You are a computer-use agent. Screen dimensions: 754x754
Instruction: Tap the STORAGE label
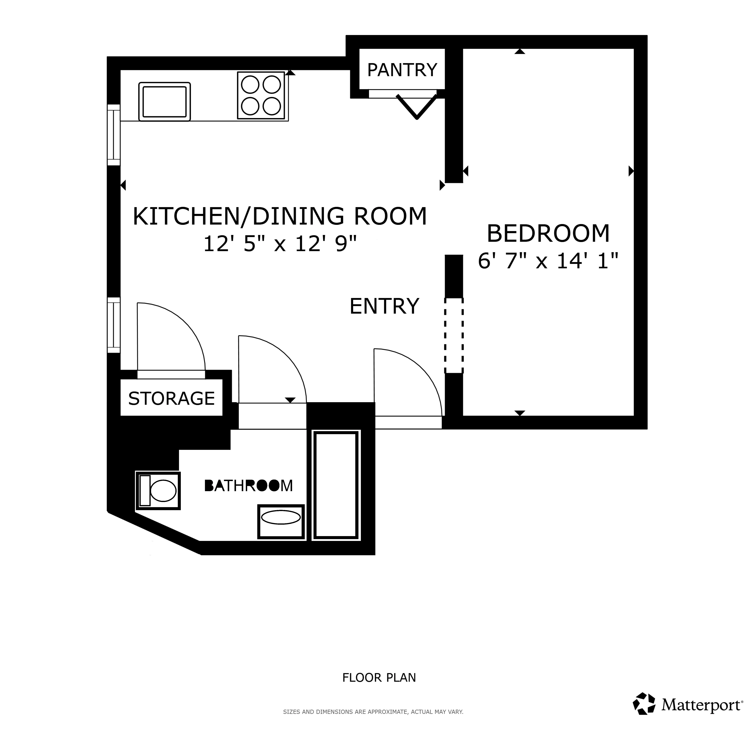click(x=171, y=398)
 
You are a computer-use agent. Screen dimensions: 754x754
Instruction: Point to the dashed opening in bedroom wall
click(x=454, y=336)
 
